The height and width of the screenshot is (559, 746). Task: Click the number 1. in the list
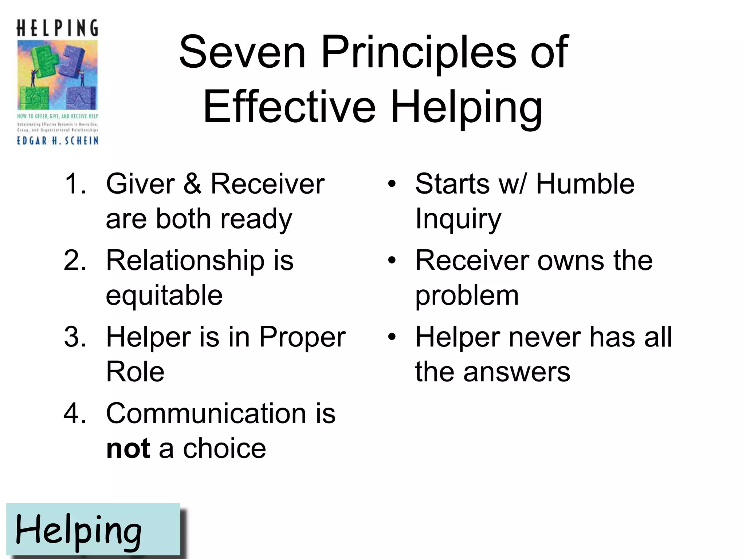coord(75,183)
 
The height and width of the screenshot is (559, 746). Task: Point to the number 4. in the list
coord(75,414)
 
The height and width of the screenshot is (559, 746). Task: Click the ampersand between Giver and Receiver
coord(192,183)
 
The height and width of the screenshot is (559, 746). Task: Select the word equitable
coord(164,295)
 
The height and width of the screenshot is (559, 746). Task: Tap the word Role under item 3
coord(135,372)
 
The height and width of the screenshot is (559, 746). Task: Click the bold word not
coord(128,449)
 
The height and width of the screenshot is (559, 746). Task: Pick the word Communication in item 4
coord(206,414)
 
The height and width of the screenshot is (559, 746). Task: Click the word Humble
coord(585,183)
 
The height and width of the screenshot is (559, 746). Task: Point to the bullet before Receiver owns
coord(392,261)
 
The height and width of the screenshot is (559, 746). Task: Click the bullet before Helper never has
coord(392,337)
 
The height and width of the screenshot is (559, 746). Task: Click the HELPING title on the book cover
coord(58,28)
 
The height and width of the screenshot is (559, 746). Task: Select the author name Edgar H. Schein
coord(58,140)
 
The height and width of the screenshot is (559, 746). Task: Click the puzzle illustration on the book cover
coord(58,75)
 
